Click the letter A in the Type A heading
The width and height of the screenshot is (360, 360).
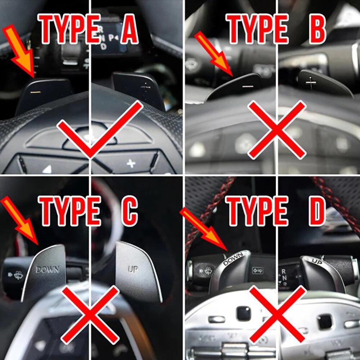coord(129,30)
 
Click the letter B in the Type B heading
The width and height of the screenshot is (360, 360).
coord(317,30)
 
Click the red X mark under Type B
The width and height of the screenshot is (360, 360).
coord(277,130)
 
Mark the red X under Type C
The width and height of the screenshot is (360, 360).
coord(90,315)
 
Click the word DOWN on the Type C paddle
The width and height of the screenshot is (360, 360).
coord(47,269)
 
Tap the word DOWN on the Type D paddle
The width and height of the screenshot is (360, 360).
coord(233,258)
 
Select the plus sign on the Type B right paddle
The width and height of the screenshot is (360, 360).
coord(311,84)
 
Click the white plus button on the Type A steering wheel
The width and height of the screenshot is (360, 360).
coord(131,164)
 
